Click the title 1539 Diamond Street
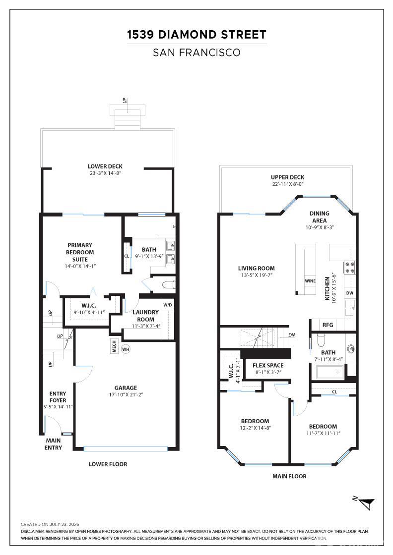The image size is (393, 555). point(196,35)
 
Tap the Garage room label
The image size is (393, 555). point(126,388)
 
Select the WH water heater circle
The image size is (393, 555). point(126,349)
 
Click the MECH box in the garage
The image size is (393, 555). point(114,346)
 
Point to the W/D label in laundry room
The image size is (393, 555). point(168,305)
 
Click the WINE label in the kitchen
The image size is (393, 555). point(310,281)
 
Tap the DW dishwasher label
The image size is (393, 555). point(350,293)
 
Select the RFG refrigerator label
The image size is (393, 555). point(328,325)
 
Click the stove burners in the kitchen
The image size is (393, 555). point(349,267)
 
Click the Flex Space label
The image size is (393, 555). point(268,366)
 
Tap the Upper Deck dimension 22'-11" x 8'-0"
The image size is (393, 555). point(287,184)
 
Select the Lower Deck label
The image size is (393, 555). point(105,166)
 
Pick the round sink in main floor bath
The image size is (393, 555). point(351,348)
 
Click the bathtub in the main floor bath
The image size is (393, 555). point(329,372)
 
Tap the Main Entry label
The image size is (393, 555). point(53,444)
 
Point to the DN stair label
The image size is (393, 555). point(291,335)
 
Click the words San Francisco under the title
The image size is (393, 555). point(196,53)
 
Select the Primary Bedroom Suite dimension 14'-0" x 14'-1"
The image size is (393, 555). point(80,266)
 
